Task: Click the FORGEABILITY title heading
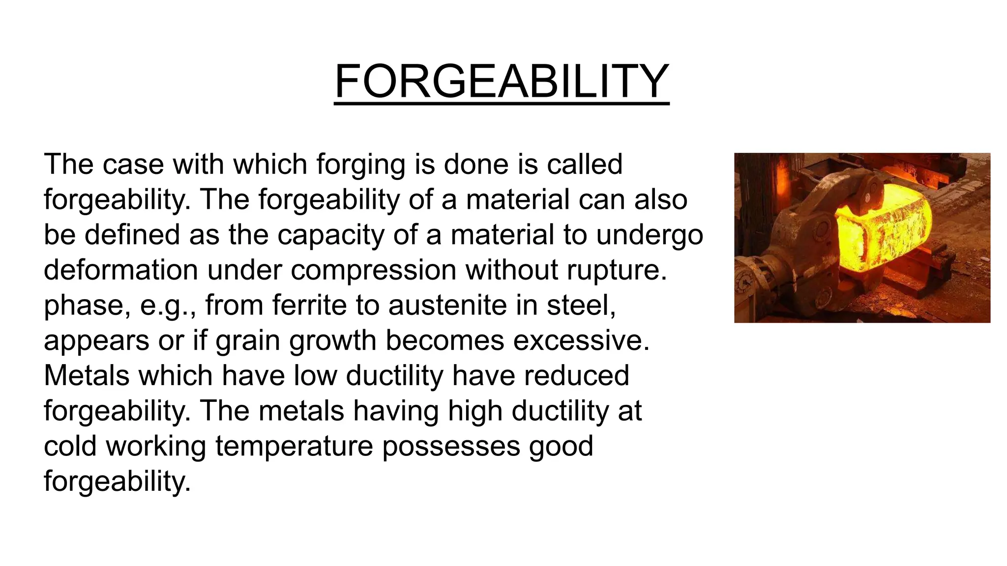click(x=502, y=82)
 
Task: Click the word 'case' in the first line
click(x=132, y=164)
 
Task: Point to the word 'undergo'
click(x=650, y=235)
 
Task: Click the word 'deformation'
click(x=120, y=270)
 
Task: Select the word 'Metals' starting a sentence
click(x=87, y=375)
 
